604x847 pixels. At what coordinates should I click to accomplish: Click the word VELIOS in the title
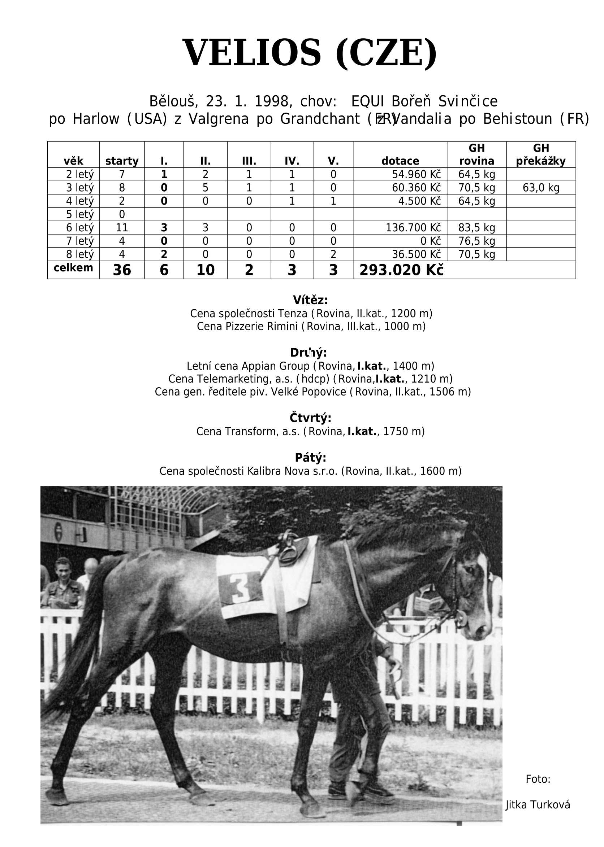[251, 53]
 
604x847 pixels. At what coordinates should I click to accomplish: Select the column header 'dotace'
[400, 161]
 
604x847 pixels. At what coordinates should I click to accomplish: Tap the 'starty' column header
[122, 161]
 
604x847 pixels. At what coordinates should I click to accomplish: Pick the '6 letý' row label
[79, 228]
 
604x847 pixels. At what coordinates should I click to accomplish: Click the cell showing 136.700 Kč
[413, 228]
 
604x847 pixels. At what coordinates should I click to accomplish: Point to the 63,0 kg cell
[541, 188]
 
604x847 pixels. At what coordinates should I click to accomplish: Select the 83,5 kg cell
[476, 228]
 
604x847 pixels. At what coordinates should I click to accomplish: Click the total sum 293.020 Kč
[401, 270]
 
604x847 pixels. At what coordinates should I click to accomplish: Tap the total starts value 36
[122, 270]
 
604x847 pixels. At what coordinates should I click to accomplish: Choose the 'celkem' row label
[73, 268]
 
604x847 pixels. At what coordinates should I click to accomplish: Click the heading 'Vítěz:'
[310, 300]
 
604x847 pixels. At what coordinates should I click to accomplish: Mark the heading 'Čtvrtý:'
[310, 418]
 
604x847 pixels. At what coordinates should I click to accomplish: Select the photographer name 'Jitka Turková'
[538, 804]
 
